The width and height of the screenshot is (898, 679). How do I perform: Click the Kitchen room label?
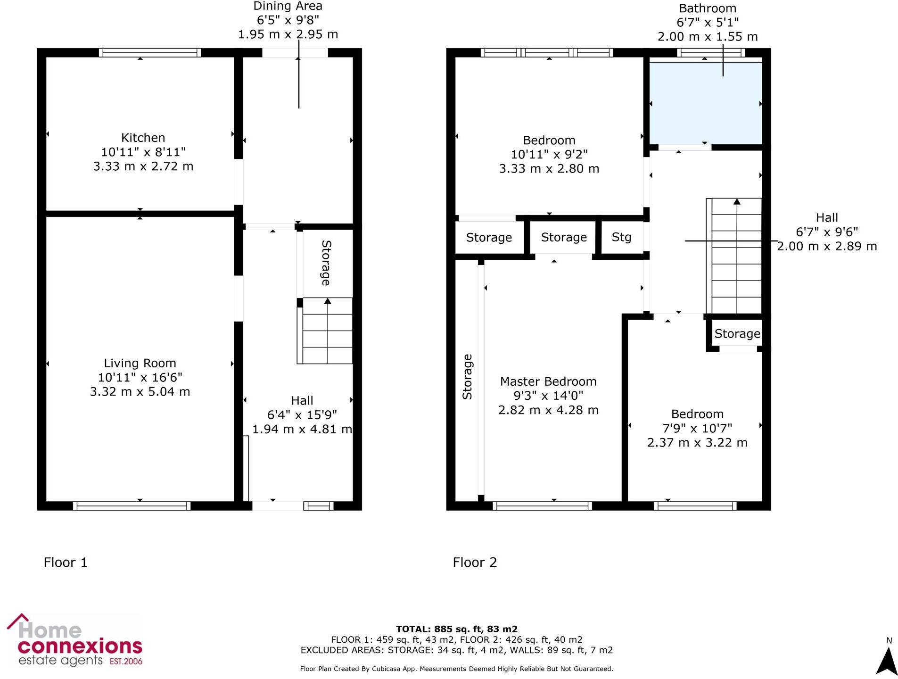click(x=143, y=138)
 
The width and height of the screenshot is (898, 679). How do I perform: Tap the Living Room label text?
click(x=140, y=363)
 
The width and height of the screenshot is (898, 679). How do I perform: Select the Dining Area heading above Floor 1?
click(x=288, y=7)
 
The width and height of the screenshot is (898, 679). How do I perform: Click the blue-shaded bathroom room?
click(x=705, y=104)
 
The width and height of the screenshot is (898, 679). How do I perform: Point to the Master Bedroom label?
click(x=548, y=381)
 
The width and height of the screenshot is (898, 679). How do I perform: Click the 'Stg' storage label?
click(x=621, y=237)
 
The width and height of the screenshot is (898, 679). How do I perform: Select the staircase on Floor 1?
click(x=327, y=331)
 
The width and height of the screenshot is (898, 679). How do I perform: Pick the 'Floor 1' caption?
click(x=66, y=562)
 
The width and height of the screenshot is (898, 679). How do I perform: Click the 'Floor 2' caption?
click(x=475, y=562)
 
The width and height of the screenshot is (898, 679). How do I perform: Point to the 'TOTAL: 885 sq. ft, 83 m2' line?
click(x=456, y=629)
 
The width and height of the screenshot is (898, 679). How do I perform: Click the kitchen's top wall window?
click(x=150, y=52)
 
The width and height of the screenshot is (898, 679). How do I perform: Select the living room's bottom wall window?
click(x=132, y=506)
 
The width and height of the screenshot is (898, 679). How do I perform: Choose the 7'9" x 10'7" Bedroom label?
click(x=697, y=414)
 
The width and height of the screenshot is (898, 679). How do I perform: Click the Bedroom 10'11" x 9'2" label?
click(x=549, y=141)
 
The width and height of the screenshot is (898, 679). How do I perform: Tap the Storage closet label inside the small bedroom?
click(x=737, y=334)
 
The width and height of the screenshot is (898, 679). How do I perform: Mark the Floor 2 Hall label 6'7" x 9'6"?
click(x=826, y=218)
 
